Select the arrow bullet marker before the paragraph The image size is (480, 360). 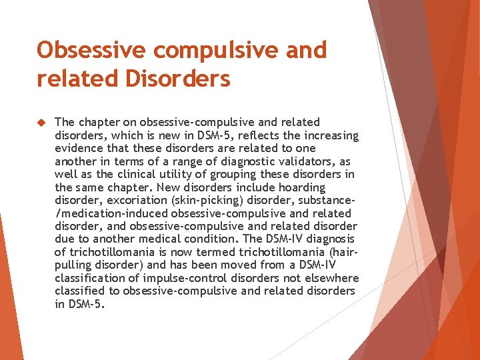[x=41, y=122]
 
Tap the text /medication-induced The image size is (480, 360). [x=111, y=213]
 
